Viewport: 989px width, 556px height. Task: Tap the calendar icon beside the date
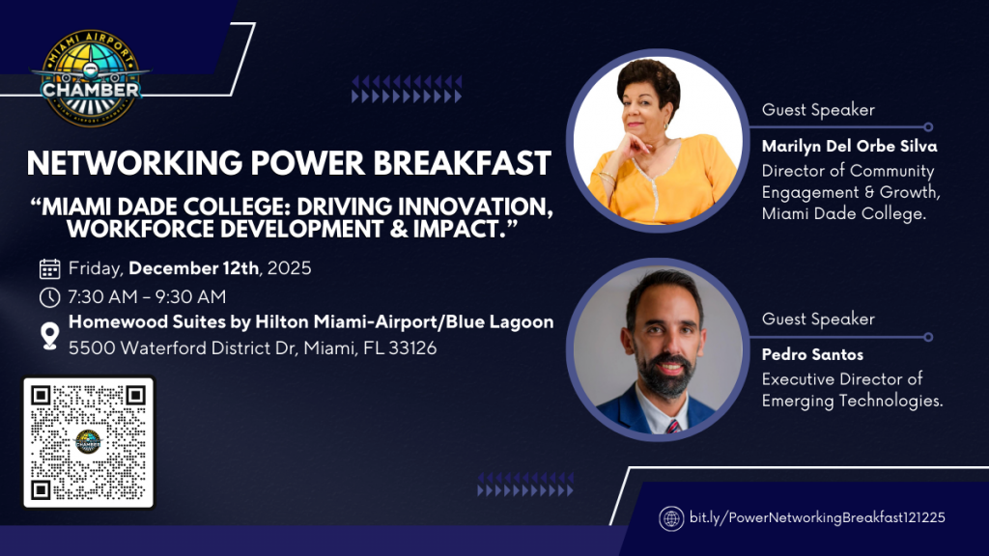(x=49, y=268)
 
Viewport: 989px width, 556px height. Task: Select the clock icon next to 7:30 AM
(x=49, y=295)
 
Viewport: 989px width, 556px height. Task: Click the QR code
(x=88, y=442)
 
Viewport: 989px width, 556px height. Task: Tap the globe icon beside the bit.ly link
(x=671, y=518)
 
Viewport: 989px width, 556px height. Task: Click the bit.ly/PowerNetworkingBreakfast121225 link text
(x=817, y=518)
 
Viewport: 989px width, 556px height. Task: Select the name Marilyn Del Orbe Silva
(x=849, y=147)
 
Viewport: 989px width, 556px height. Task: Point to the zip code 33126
(x=412, y=347)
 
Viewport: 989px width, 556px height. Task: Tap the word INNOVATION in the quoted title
(x=480, y=208)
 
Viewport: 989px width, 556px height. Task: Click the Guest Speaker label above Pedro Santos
(x=818, y=319)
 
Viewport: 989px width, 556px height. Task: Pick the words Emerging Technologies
(x=851, y=401)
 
